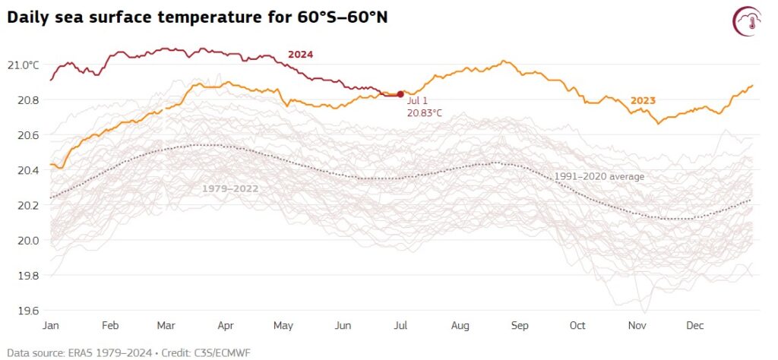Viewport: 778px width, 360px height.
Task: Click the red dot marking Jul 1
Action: click(400, 94)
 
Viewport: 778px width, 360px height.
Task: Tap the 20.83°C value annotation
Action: click(425, 113)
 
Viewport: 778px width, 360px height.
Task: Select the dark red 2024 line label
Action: click(300, 55)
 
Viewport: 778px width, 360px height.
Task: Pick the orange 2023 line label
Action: click(643, 100)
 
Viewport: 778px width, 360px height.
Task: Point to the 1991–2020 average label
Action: click(599, 176)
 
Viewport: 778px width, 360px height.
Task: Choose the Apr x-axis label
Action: click(226, 325)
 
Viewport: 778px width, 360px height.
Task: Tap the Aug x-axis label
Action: click(460, 325)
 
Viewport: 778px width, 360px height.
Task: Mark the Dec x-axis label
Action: click(694, 325)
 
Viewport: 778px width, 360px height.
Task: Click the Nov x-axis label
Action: click(637, 325)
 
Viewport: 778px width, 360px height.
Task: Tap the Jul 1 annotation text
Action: click(418, 101)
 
